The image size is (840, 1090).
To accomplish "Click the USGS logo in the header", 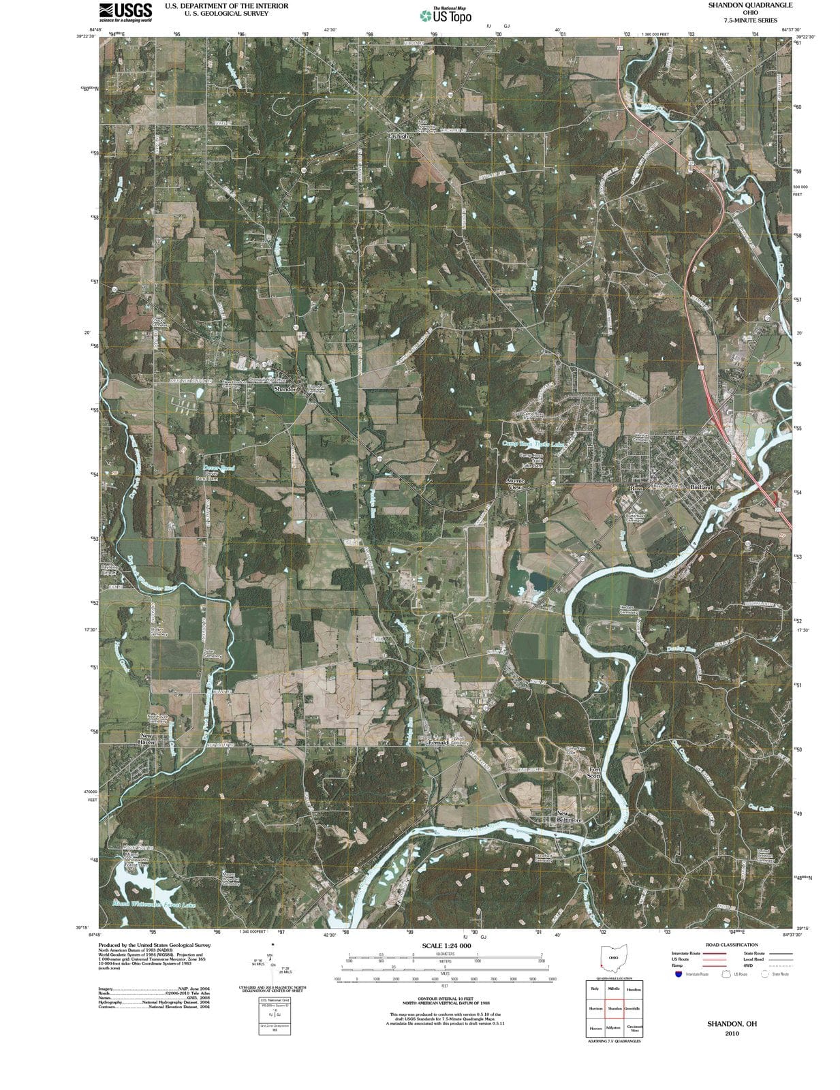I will click(125, 12).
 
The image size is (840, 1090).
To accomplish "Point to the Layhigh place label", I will click(399, 136).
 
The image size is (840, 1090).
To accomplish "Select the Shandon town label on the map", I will click(285, 389).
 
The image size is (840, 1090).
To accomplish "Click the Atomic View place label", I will click(515, 484).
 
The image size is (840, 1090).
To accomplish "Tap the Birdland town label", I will click(700, 488).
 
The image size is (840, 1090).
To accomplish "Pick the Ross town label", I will click(636, 488).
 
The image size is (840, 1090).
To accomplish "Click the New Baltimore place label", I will click(570, 817).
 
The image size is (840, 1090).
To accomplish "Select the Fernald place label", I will click(437, 742).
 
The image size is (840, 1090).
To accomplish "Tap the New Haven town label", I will click(147, 738).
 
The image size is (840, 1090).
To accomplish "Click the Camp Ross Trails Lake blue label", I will click(533, 443).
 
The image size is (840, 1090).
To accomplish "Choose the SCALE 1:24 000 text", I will click(446, 946).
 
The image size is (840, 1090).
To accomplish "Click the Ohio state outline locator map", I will click(612, 957).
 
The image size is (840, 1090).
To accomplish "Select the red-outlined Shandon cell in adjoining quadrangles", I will click(614, 1008).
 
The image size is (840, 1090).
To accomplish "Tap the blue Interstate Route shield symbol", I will click(677, 974).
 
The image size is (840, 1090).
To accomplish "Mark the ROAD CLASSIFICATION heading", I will click(731, 945).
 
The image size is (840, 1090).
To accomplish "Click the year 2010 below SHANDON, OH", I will click(732, 1033).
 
